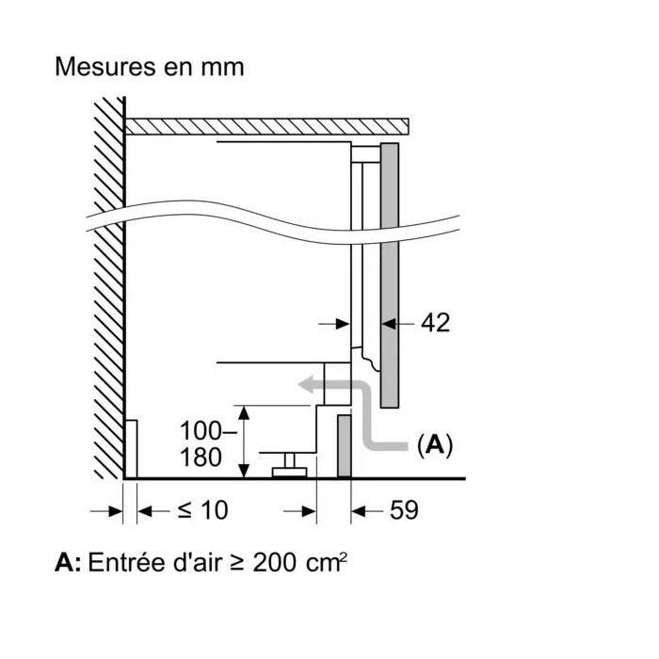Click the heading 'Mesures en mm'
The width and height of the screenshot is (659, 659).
150,68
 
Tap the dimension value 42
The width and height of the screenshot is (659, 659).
435,323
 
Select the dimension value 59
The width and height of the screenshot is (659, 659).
403,510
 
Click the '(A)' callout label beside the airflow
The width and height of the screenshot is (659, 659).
434,445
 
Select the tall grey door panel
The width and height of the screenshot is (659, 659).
391,273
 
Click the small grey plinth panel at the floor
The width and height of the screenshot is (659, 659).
345,443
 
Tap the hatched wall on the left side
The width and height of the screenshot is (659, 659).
108,282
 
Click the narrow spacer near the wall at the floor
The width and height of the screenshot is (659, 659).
132,449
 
